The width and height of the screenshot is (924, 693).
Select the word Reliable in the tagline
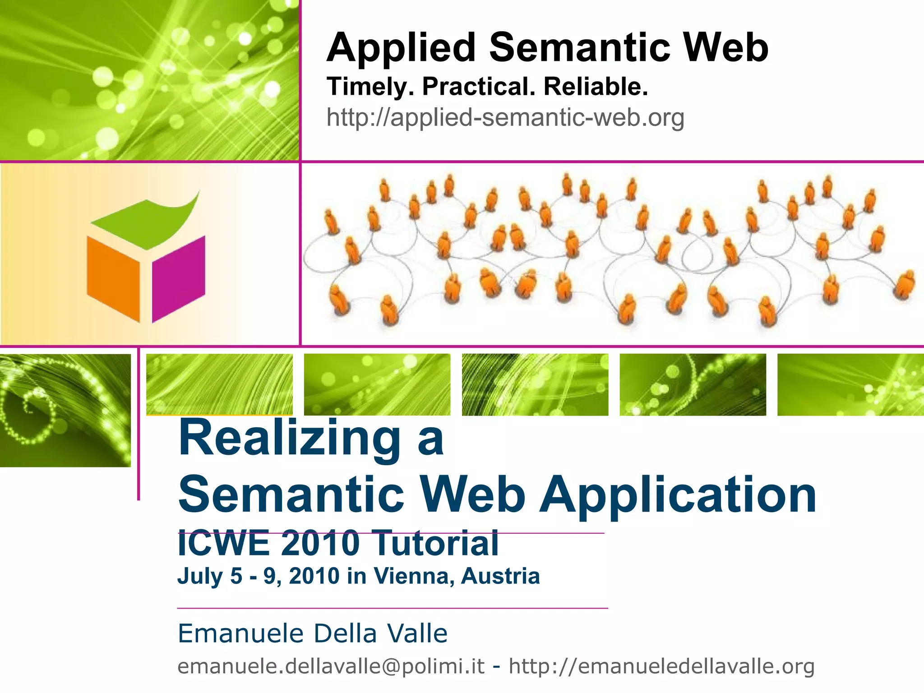(x=596, y=87)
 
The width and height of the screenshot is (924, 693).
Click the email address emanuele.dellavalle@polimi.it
(x=331, y=666)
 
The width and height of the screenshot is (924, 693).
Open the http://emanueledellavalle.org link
(x=661, y=666)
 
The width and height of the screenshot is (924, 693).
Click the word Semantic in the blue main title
(x=291, y=495)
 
